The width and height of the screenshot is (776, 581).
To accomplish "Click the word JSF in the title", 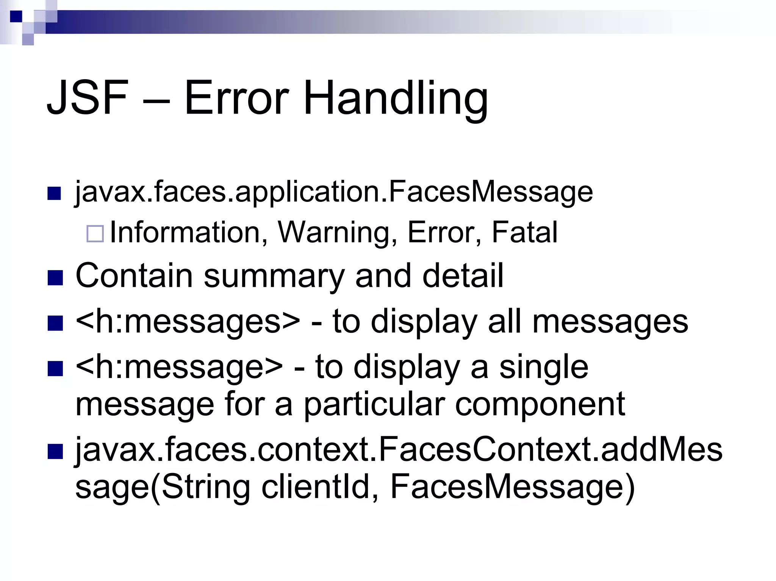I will (87, 98).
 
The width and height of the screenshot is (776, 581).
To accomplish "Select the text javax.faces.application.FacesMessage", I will (333, 192).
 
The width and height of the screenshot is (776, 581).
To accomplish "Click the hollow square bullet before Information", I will (95, 233).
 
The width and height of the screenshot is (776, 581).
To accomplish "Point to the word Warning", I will (338, 233).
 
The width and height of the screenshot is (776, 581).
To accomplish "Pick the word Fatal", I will (524, 232).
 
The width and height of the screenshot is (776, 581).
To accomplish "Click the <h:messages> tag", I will (188, 322).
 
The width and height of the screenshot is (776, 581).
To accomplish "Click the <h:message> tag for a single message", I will (179, 367).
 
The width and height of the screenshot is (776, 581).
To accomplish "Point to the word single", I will (543, 367).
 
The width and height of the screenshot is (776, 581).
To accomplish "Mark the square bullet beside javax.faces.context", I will (55, 451).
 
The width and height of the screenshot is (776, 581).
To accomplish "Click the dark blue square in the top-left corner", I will (16, 16).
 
